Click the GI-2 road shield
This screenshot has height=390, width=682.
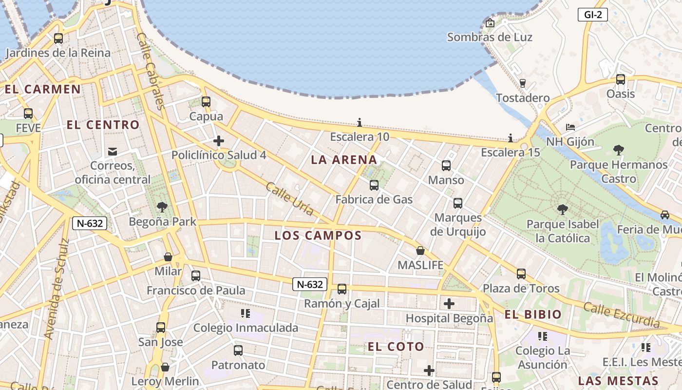pyautogui.click(x=593, y=15)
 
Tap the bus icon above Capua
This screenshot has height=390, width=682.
pyautogui.click(x=206, y=102)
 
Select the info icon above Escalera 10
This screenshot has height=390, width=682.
pyautogui.click(x=360, y=122)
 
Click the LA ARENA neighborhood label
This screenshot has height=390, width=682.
pyautogui.click(x=344, y=160)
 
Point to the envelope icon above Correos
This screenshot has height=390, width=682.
pyautogui.click(x=113, y=151)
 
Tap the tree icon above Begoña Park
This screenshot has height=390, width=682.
pyautogui.click(x=162, y=207)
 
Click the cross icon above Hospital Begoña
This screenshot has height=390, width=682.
pyautogui.click(x=449, y=304)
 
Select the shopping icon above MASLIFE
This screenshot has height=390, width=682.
pyautogui.click(x=420, y=251)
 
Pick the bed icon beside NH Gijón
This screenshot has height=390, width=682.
pyautogui.click(x=570, y=127)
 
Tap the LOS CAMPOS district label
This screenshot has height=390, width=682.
pyautogui.click(x=318, y=236)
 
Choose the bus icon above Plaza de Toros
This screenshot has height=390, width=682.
pyautogui.click(x=521, y=274)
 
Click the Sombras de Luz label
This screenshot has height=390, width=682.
pyautogui.click(x=490, y=37)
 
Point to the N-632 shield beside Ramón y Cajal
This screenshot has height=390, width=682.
pyautogui.click(x=309, y=284)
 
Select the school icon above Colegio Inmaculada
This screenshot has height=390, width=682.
pyautogui.click(x=245, y=313)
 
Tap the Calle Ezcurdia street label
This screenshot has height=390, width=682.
pyautogui.click(x=621, y=315)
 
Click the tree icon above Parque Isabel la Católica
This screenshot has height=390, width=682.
pyautogui.click(x=563, y=210)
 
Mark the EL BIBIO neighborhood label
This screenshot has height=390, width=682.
pyautogui.click(x=533, y=314)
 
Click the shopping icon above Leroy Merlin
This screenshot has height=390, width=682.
pyautogui.click(x=165, y=367)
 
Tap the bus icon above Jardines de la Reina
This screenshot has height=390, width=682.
pyautogui.click(x=58, y=38)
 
